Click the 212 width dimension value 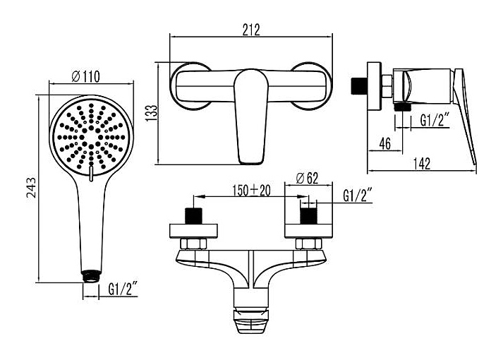[x=251, y=30]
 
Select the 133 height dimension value [x=152, y=113]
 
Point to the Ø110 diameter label [x=85, y=77]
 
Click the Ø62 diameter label [x=307, y=179]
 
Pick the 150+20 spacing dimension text [x=251, y=191]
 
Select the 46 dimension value [x=385, y=143]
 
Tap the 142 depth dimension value [x=421, y=164]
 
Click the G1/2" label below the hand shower [x=123, y=289]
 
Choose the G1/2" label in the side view [x=435, y=121]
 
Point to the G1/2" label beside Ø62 [x=358, y=196]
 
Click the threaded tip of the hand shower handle [x=92, y=276]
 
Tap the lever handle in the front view [x=250, y=116]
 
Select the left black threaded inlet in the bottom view [x=194, y=216]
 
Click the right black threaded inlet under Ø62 [x=308, y=216]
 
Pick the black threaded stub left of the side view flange [x=358, y=85]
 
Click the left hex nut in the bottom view [x=193, y=244]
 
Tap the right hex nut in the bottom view [x=308, y=244]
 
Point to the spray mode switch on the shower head [x=91, y=174]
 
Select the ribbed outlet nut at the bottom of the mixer [x=250, y=320]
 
